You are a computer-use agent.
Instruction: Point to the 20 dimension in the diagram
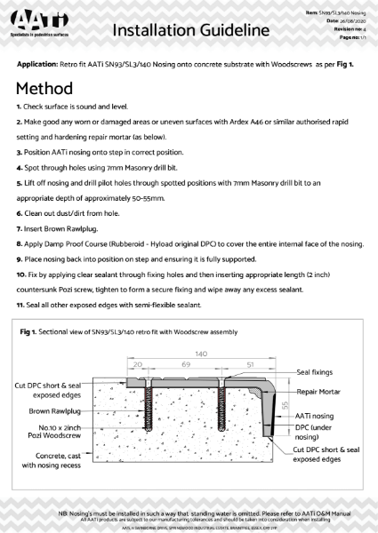click(x=138, y=364)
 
